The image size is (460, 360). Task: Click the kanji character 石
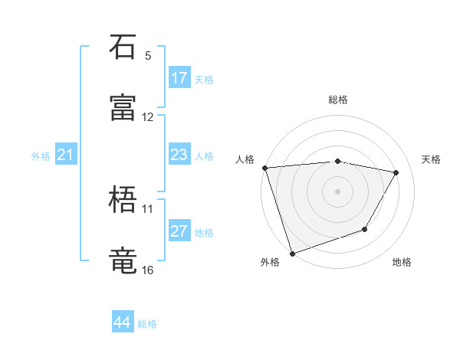(123, 47)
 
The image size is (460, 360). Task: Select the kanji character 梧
(123, 200)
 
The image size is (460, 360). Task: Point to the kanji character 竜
(123, 260)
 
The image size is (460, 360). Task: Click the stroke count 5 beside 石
(148, 56)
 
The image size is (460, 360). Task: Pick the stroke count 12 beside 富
(148, 117)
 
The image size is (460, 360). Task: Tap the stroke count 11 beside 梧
(148, 208)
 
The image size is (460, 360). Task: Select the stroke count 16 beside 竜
(148, 270)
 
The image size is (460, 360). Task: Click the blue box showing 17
(179, 78)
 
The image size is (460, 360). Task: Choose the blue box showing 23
(179, 155)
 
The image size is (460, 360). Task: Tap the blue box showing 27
(179, 232)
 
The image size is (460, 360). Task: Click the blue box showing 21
(66, 155)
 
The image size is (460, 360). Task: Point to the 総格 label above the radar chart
(337, 100)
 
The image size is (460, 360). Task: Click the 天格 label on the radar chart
(431, 159)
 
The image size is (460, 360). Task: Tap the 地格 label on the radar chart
(402, 263)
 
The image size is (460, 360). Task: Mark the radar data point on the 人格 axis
(264, 168)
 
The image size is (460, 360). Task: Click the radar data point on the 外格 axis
(292, 253)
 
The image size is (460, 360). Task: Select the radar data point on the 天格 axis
(396, 172)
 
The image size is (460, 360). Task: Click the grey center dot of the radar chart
(337, 191)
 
